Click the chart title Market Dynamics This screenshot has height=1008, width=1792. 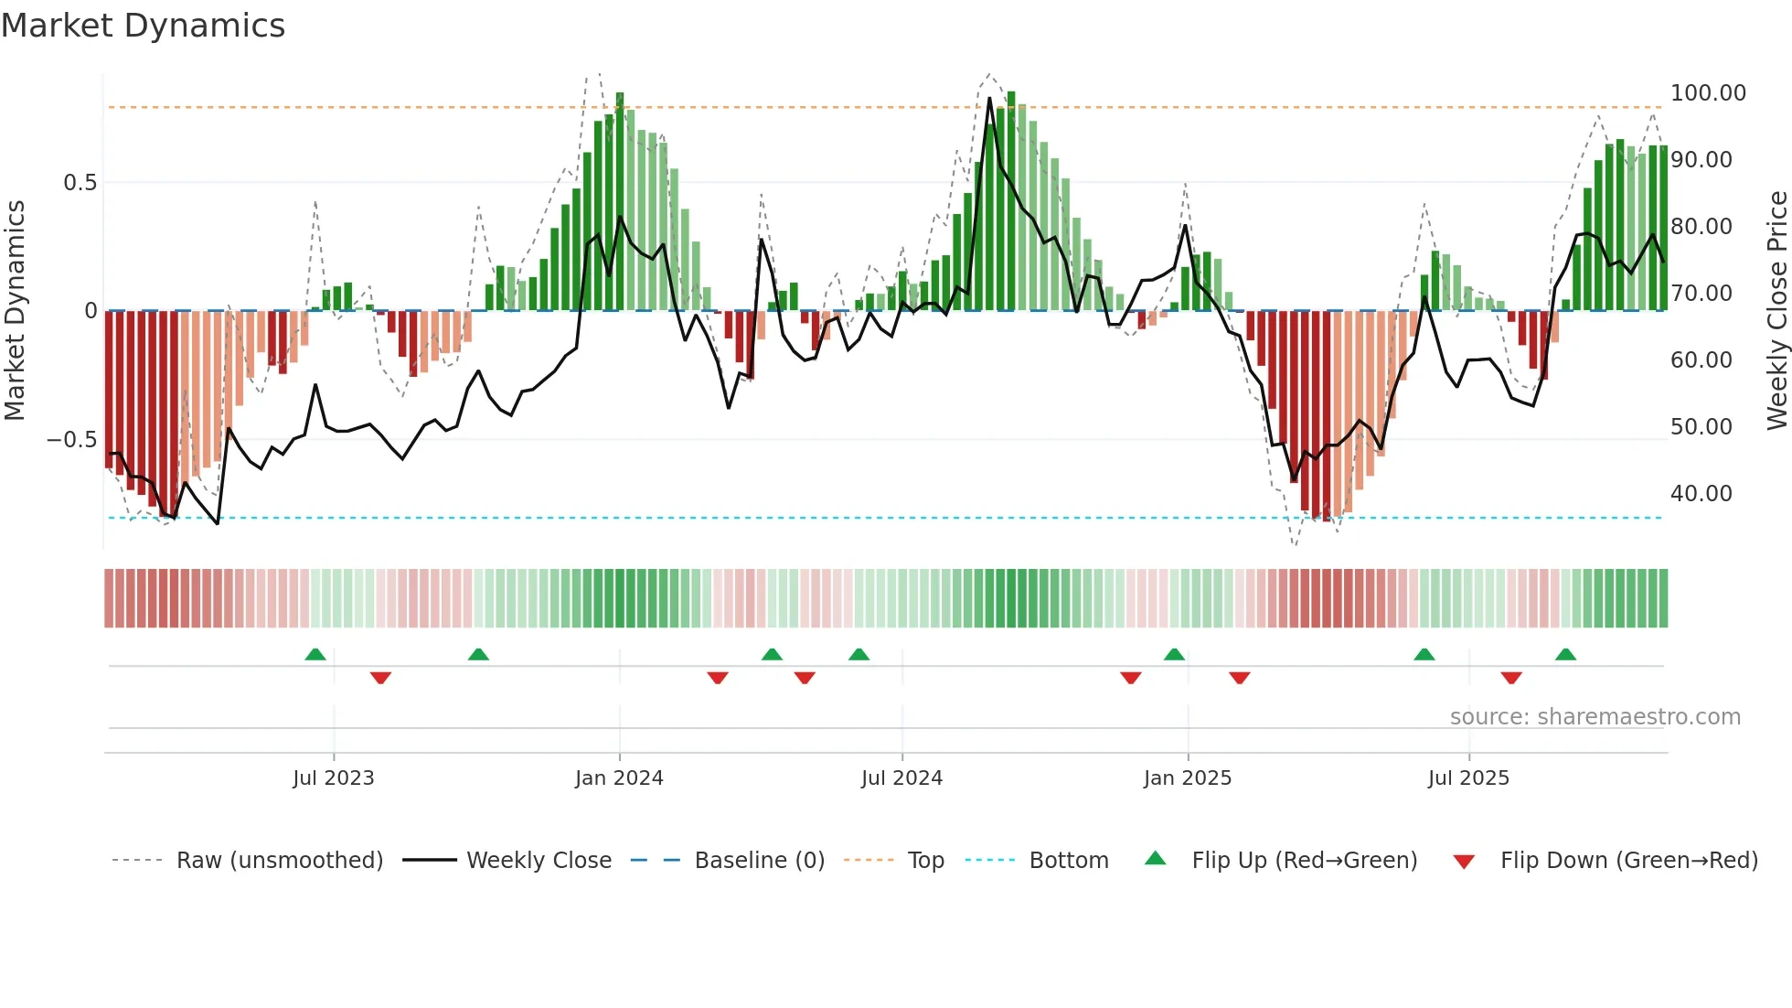click(144, 26)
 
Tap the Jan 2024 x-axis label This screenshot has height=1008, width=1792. click(619, 778)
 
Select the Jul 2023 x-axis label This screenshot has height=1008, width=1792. click(334, 778)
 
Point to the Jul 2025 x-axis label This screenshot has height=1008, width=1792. click(1468, 778)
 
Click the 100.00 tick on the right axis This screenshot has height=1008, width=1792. click(1708, 93)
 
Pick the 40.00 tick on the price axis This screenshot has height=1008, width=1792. click(1701, 494)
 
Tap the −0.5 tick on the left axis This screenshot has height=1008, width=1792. click(71, 440)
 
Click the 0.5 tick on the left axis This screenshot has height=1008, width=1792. click(80, 183)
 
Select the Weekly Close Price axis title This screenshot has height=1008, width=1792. click(1776, 311)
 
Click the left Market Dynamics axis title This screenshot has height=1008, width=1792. click(15, 311)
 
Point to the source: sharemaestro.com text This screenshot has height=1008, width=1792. click(1595, 717)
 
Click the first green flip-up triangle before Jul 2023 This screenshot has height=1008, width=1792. click(315, 655)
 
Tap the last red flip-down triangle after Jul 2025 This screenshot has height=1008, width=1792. click(1511, 678)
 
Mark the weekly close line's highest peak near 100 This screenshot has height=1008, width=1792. click(989, 98)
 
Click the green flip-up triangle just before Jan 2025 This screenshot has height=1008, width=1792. click(1174, 655)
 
